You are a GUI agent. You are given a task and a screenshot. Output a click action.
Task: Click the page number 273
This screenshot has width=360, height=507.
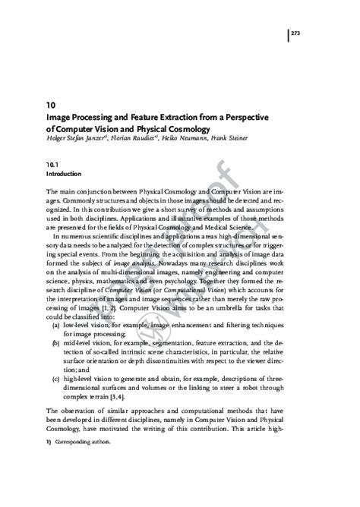(x=296, y=33)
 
